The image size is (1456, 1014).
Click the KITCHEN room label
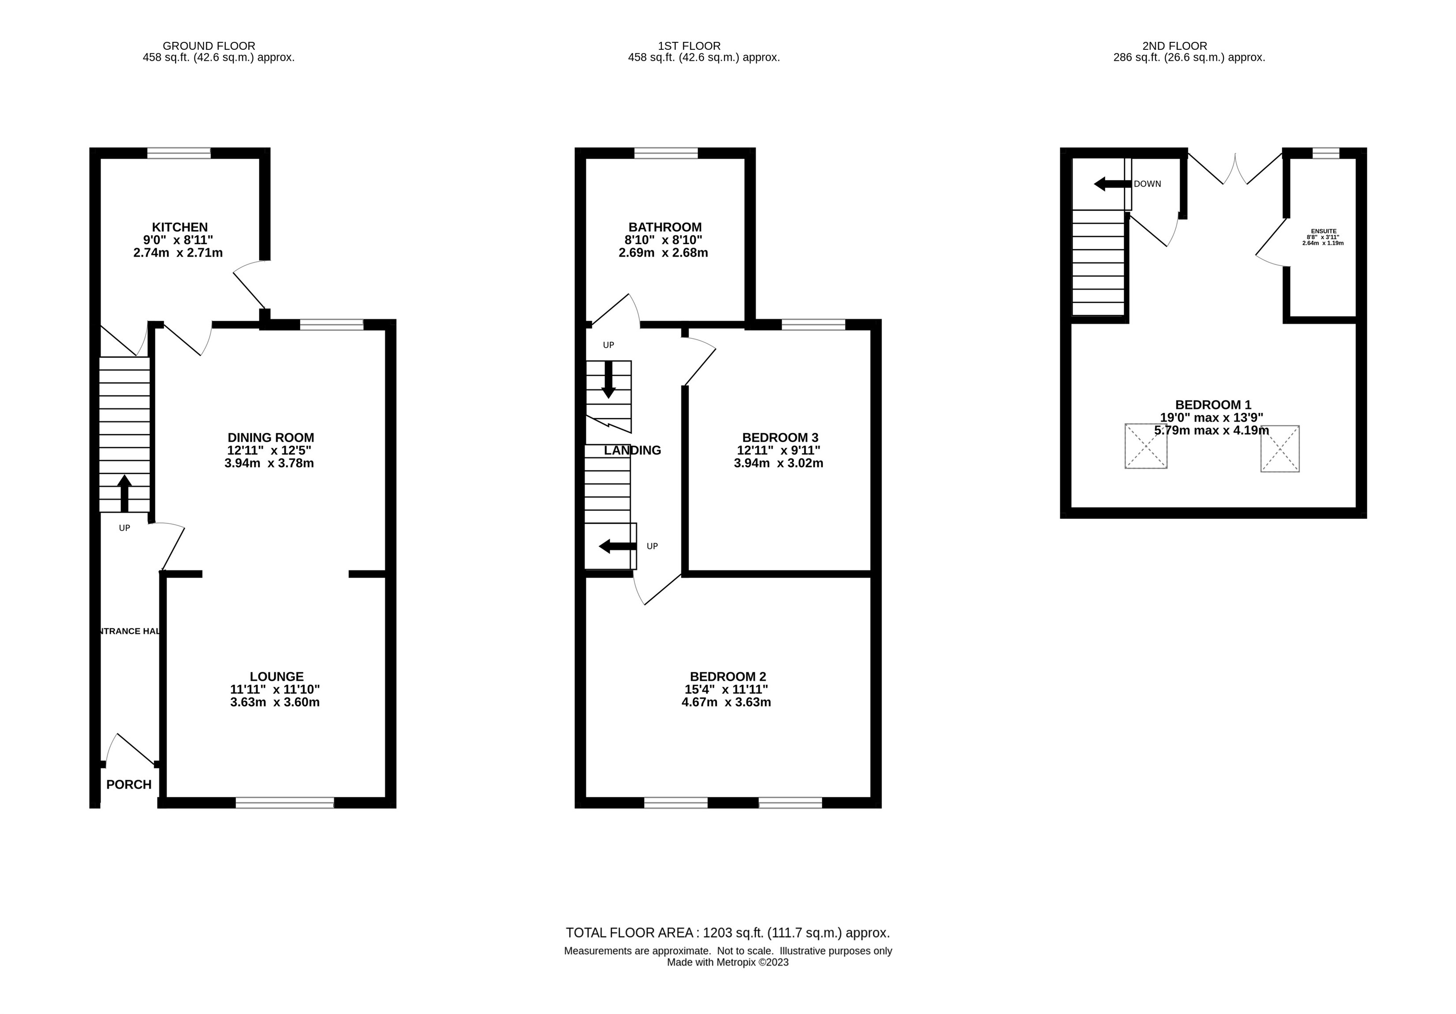coord(180,227)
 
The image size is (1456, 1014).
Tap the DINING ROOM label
coord(271,438)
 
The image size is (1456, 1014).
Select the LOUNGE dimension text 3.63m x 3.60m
coord(274,702)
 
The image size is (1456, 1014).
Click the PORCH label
coord(129,785)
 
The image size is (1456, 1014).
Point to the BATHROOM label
coord(664,227)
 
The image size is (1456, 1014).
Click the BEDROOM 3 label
coord(780,438)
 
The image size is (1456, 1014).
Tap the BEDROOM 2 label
coord(728,676)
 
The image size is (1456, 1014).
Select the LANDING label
coord(632,450)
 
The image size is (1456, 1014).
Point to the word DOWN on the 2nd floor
coord(1147,184)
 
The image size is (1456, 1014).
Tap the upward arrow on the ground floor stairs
coord(124,493)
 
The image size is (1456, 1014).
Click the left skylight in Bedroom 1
coord(1145,447)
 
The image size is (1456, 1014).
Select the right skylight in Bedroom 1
coord(1280,449)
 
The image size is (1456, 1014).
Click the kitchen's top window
coord(179,153)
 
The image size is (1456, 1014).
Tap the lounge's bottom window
coord(285,803)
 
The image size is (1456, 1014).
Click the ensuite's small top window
coord(1325,153)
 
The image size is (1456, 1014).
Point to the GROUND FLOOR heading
coord(209,45)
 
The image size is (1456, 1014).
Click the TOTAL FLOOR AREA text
coord(728,933)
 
